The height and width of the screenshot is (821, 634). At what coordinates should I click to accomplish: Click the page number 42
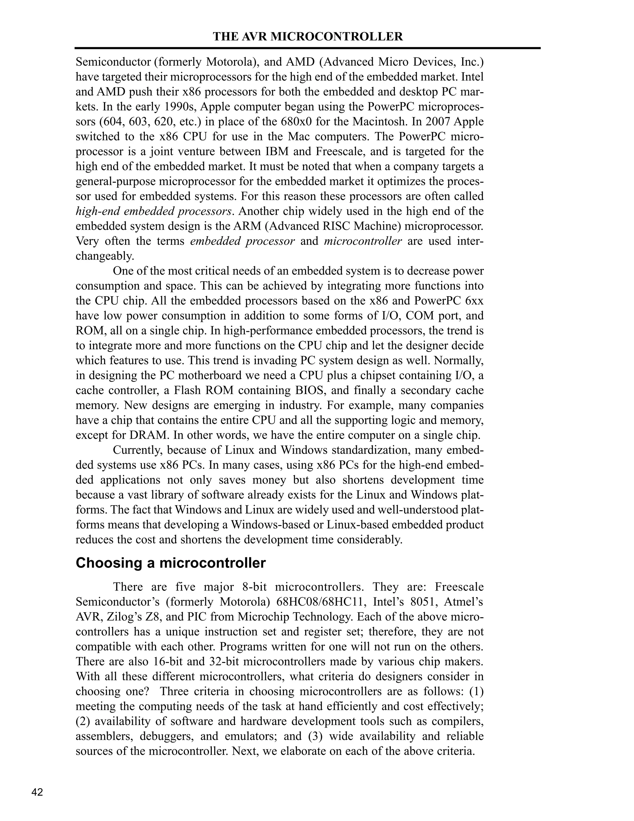[37, 792]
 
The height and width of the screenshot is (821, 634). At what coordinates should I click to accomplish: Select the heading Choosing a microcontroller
[171, 563]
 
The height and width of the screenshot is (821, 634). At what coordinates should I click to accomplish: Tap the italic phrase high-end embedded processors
[153, 211]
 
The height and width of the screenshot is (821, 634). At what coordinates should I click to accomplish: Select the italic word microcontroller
[363, 241]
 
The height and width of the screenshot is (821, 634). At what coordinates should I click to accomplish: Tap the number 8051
[424, 602]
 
